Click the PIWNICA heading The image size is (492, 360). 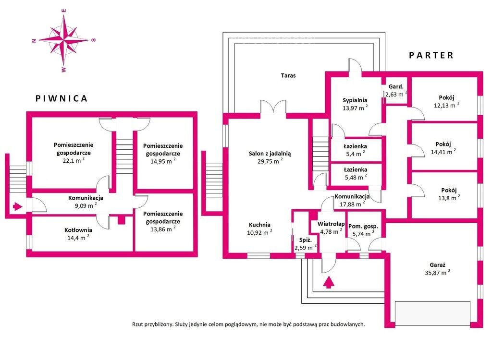point(62,98)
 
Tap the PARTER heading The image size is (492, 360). point(431,55)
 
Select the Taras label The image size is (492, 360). point(288,75)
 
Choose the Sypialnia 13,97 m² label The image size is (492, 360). point(355,104)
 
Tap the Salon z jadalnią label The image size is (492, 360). point(270,157)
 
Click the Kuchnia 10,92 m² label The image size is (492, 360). point(260,228)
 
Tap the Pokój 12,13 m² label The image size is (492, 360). point(445,101)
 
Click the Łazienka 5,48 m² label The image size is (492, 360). point(356,173)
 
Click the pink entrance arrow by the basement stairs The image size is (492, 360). point(17,207)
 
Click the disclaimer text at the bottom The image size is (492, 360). point(248,324)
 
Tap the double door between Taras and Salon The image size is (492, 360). point(273,107)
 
